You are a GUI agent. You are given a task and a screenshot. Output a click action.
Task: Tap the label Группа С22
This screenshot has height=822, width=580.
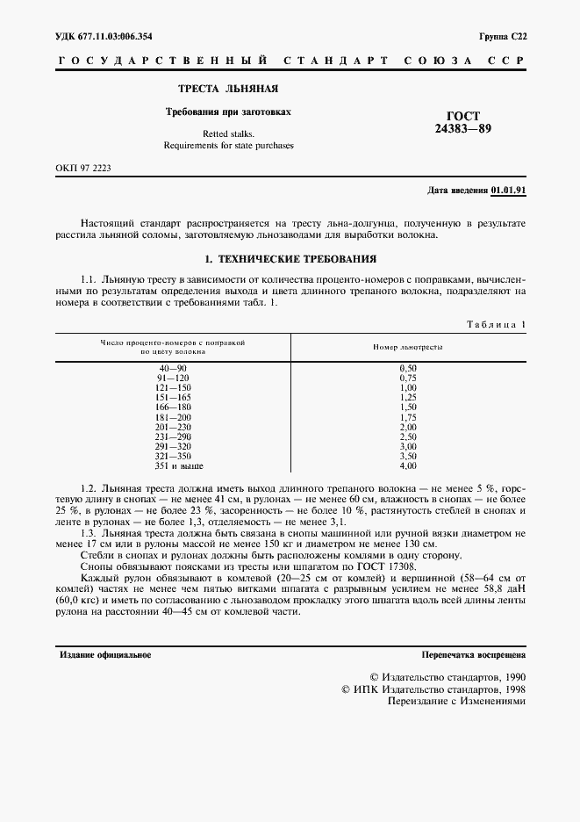click(502, 36)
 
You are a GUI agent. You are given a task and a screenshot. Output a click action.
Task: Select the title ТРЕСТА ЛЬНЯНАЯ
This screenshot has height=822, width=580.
click(228, 90)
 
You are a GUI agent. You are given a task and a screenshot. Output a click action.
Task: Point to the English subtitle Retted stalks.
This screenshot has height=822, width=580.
click(228, 133)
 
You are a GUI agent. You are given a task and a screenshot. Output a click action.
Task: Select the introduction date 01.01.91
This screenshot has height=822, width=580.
click(508, 190)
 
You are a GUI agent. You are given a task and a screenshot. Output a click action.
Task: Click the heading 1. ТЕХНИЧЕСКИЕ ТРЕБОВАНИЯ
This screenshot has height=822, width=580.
click(290, 260)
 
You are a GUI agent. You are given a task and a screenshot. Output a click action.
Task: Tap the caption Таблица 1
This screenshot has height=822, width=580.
click(496, 324)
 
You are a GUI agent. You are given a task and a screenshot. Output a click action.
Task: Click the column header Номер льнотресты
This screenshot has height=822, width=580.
click(407, 347)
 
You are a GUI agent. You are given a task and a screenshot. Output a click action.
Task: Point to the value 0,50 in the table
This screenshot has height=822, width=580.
click(407, 369)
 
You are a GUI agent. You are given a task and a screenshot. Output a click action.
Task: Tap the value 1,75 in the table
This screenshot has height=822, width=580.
click(407, 417)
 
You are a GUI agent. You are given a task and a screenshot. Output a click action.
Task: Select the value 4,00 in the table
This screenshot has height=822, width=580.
click(407, 465)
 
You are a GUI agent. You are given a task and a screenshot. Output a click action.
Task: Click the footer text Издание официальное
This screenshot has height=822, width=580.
click(105, 655)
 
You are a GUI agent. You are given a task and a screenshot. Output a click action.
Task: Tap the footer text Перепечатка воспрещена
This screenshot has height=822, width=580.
click(473, 655)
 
